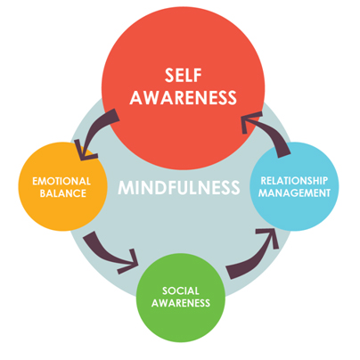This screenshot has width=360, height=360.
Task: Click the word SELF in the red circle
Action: pyautogui.click(x=184, y=75)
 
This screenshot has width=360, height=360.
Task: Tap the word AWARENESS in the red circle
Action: pyautogui.click(x=184, y=97)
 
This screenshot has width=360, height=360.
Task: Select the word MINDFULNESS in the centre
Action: pyautogui.click(x=179, y=187)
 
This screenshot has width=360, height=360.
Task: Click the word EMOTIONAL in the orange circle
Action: pyautogui.click(x=61, y=181)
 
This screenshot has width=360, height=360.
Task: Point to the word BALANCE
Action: pyautogui.click(x=63, y=193)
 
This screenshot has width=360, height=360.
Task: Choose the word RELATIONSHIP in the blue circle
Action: pyautogui.click(x=294, y=181)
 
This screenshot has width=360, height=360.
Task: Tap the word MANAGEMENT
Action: pyautogui.click(x=294, y=193)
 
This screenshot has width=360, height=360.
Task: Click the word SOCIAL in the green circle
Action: pyautogui.click(x=181, y=290)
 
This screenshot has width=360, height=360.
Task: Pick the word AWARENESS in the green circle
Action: pyautogui.click(x=181, y=303)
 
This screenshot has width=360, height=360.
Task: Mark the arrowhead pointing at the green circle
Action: pyautogui.click(x=131, y=262)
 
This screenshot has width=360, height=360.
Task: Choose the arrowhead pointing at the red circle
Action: pyautogui.click(x=249, y=121)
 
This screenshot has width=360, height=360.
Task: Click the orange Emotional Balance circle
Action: pyautogui.click(x=62, y=186)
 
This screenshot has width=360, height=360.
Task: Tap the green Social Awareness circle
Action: pyautogui.click(x=181, y=298)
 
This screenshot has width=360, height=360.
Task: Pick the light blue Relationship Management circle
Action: pyautogui.click(x=294, y=186)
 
